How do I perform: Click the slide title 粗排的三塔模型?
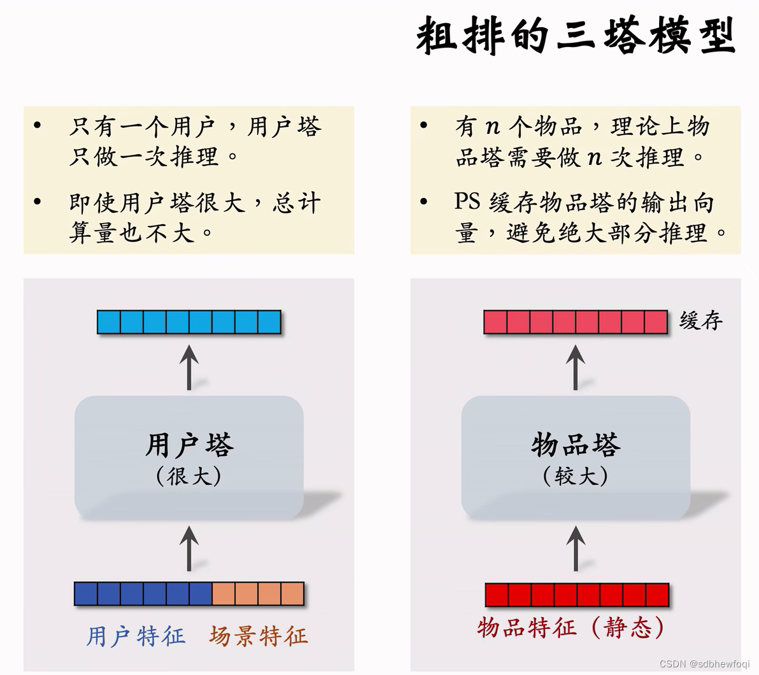pyautogui.click(x=576, y=35)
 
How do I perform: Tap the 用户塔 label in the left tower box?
pyautogui.click(x=189, y=444)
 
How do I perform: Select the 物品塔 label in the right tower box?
pyautogui.click(x=576, y=444)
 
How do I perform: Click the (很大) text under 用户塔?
pyautogui.click(x=189, y=476)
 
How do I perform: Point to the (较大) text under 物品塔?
pyautogui.click(x=576, y=476)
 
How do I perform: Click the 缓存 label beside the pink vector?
pyautogui.click(x=701, y=320)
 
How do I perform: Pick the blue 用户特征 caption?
pyautogui.click(x=136, y=636)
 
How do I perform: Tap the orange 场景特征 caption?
pyautogui.click(x=258, y=636)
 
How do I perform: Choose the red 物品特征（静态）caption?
pyautogui.click(x=571, y=628)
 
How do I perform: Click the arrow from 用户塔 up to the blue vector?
pyautogui.click(x=189, y=367)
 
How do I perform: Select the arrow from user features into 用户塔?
pyautogui.click(x=189, y=548)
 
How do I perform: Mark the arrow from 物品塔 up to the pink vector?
pyautogui.click(x=576, y=367)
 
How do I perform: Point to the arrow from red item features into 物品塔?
pyautogui.click(x=576, y=548)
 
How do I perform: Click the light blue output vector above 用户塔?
pyautogui.click(x=189, y=322)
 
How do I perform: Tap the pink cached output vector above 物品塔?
pyautogui.click(x=576, y=322)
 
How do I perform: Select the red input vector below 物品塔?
pyautogui.click(x=577, y=595)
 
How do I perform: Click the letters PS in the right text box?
pyautogui.click(x=467, y=202)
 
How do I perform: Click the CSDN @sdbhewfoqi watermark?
pyautogui.click(x=704, y=664)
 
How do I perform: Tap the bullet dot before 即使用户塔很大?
pyautogui.click(x=38, y=202)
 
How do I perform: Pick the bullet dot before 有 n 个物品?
pyautogui.click(x=424, y=125)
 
